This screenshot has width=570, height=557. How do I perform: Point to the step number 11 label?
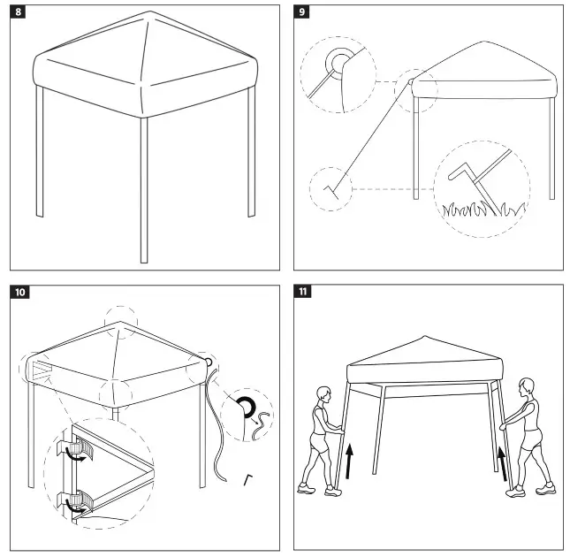[303, 292]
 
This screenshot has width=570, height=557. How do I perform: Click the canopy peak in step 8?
[152, 13]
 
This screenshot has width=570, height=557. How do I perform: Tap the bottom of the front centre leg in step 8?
[144, 260]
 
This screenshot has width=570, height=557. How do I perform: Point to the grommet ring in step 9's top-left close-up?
[338, 63]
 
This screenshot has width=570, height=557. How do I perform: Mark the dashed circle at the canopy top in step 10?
[121, 321]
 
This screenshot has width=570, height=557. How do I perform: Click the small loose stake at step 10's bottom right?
[248, 480]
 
